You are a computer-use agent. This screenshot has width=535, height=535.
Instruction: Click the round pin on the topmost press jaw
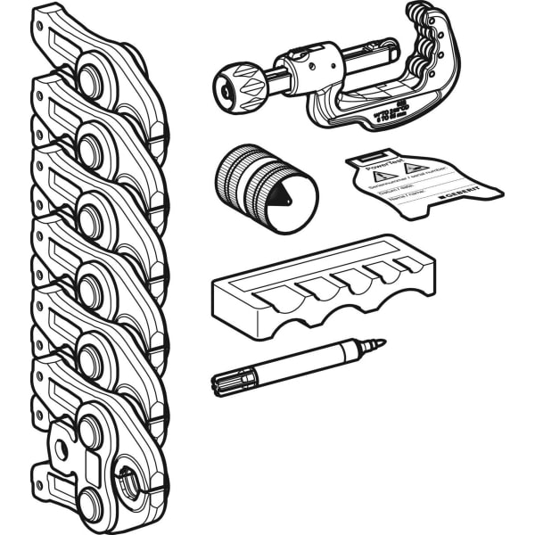tap(90, 78)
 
